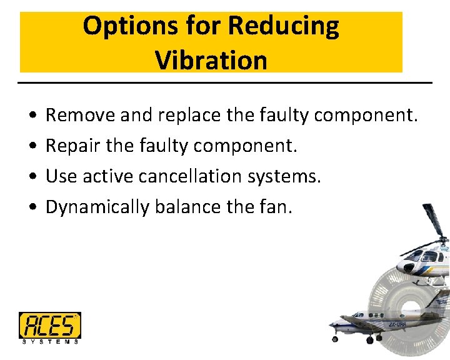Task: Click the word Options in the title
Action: coord(119,26)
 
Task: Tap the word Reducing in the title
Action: coord(284,26)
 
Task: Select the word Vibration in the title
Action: coord(211,61)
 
